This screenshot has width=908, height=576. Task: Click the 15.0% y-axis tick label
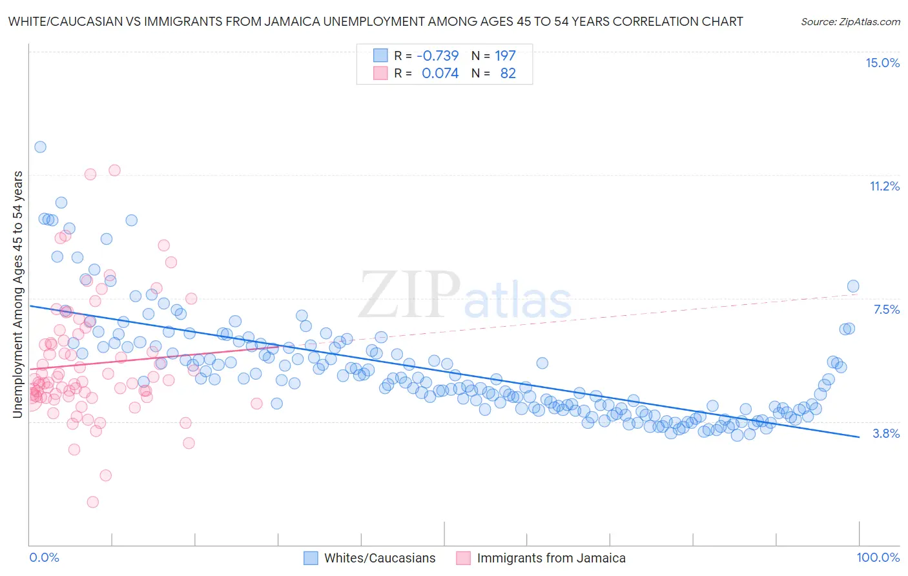[x=882, y=63]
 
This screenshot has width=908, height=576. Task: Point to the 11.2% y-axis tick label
[x=884, y=186]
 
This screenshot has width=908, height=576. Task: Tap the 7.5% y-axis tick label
[x=886, y=309]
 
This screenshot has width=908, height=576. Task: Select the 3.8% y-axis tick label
[x=886, y=433]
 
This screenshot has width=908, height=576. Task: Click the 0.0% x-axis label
[x=44, y=557]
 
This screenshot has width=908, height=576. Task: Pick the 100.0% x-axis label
[x=878, y=557]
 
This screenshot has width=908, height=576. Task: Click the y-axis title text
[x=18, y=294]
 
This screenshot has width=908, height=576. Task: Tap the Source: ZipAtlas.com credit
[x=850, y=21]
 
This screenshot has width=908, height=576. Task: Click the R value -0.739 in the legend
[x=437, y=56]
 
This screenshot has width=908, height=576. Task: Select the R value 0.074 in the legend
[x=440, y=73]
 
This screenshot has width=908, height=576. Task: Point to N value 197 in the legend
[x=505, y=56]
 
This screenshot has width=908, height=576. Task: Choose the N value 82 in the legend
[x=508, y=73]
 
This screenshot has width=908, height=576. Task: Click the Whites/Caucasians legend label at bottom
[x=380, y=558]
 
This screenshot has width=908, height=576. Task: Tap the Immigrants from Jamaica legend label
[x=551, y=558]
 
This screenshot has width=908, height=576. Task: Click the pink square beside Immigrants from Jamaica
[x=463, y=558]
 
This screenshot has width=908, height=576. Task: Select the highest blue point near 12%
[x=40, y=147]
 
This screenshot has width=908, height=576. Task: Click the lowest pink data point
[x=92, y=502]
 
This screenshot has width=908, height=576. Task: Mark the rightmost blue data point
[x=853, y=286]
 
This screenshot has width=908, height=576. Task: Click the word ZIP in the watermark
[x=409, y=294]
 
